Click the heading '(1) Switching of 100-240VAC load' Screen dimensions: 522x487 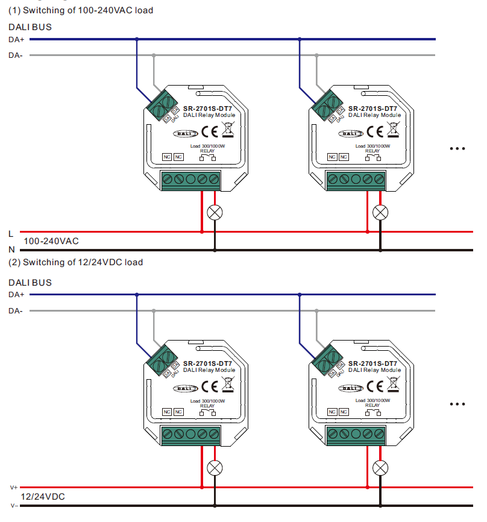click(80, 10)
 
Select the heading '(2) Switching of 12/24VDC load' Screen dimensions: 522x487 click(75, 262)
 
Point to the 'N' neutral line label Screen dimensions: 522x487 click(11, 249)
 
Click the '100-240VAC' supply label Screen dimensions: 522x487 click(51, 241)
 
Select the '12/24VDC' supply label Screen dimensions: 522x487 click(43, 497)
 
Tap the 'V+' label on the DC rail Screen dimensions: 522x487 click(13, 487)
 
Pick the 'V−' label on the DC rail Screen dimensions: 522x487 click(13, 505)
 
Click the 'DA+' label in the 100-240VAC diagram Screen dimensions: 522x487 click(16, 40)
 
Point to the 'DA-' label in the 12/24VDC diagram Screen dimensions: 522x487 click(16, 310)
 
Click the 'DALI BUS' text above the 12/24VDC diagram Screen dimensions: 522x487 click(30, 283)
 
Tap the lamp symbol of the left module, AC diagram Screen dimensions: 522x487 click(214, 212)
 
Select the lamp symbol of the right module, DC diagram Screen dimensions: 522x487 click(380, 467)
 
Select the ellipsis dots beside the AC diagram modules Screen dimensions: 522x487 click(458, 148)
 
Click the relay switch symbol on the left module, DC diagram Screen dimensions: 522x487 click(207, 413)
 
